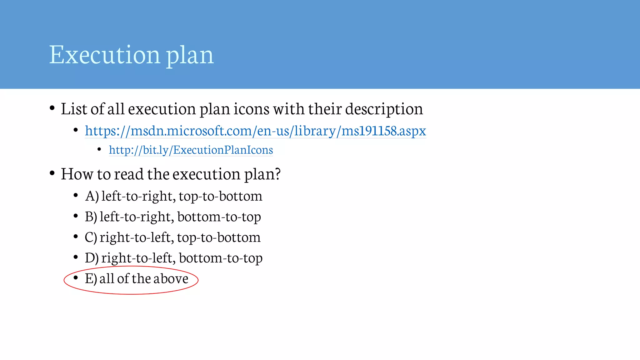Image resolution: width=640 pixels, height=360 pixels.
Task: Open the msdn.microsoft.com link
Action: pos(255,131)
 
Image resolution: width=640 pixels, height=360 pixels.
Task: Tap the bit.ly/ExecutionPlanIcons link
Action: pos(191,150)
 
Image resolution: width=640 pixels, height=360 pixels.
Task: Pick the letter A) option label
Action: pos(92,196)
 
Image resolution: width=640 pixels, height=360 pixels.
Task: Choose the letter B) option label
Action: pos(91,217)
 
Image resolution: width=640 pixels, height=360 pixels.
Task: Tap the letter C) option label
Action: pos(91,237)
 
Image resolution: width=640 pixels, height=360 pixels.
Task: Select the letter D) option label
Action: pos(92,258)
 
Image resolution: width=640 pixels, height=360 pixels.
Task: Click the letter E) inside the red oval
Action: pos(91,279)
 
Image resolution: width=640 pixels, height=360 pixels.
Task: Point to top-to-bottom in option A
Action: pos(221,196)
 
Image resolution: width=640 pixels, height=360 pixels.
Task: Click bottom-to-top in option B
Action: pos(219,217)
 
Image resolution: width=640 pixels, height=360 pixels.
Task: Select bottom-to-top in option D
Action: pos(221,258)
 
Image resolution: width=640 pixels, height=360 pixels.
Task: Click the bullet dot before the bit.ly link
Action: pos(99,149)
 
